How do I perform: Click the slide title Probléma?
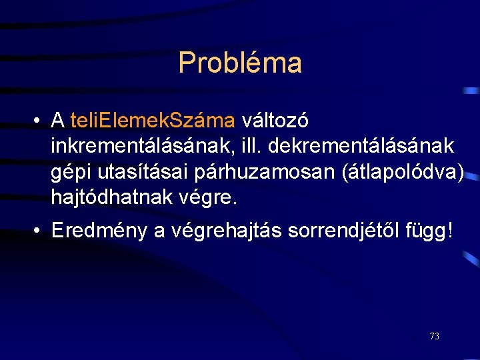point(240,63)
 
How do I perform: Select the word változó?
point(275,121)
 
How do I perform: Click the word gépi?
point(72,172)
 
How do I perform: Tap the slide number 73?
point(434,336)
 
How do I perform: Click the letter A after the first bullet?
point(58,121)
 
